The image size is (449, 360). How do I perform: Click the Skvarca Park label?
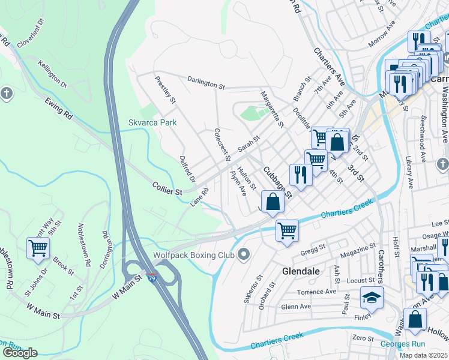pyautogui.click(x=152, y=122)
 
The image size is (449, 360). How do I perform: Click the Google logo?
pyautogui.click(x=20, y=352)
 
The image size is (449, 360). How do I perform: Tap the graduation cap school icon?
pyautogui.click(x=372, y=297)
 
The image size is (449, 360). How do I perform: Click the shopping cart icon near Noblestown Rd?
pyautogui.click(x=38, y=247)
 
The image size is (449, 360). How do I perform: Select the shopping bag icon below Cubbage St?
pyautogui.click(x=273, y=202)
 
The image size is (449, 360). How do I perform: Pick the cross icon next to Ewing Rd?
pyautogui.click(x=7, y=94)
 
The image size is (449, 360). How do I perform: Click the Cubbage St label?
pyautogui.click(x=277, y=181)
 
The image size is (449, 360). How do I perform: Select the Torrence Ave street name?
pyautogui.click(x=318, y=292)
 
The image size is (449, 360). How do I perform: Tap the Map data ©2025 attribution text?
pyautogui.click(x=423, y=355)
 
